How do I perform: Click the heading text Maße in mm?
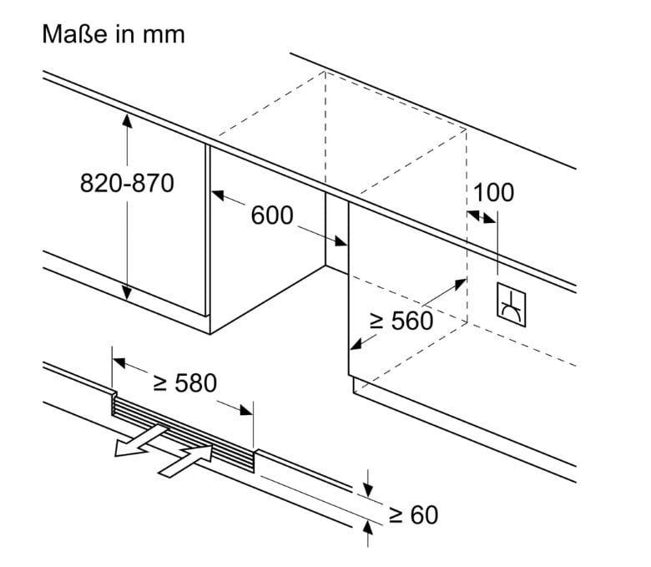[112, 34]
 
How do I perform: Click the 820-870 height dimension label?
[127, 183]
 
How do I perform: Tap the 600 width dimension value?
[272, 215]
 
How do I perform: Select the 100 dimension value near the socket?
[493, 192]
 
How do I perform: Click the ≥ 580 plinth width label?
[184, 383]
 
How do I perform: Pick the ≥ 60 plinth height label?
[412, 514]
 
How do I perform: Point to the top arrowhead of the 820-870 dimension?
[127, 119]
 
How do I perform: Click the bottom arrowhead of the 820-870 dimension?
[127, 293]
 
